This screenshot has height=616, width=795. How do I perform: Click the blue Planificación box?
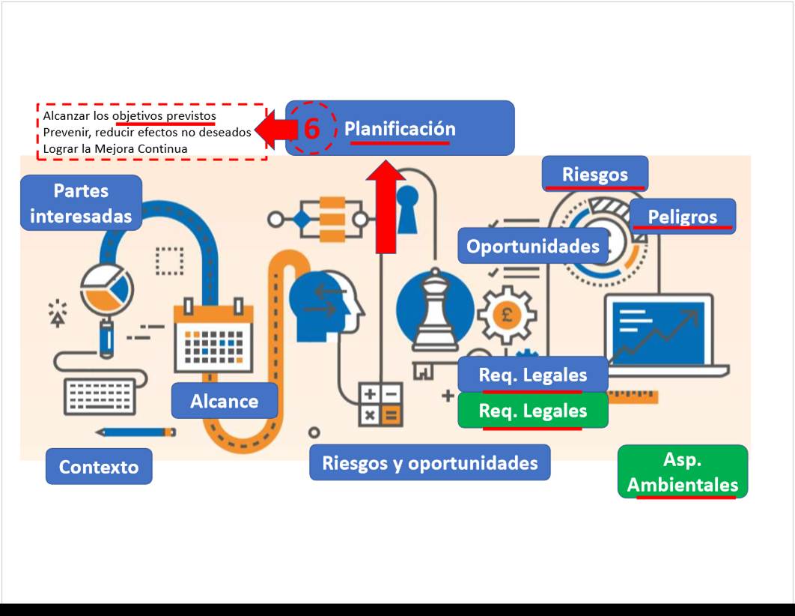point(400,128)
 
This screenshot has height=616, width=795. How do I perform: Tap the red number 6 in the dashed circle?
point(312,129)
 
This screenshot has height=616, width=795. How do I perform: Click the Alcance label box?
point(224,401)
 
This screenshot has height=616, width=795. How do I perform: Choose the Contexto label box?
point(99,466)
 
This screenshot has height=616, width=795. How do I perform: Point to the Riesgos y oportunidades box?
point(430,462)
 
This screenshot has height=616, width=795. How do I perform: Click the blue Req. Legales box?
point(532,374)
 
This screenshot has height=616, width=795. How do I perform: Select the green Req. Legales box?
point(532,411)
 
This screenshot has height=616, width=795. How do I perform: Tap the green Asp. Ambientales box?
point(682,472)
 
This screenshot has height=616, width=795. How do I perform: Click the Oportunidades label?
point(532,247)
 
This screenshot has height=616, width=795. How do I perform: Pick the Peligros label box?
point(682,217)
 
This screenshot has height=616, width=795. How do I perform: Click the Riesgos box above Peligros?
point(595,174)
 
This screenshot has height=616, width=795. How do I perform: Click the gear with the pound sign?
point(506,314)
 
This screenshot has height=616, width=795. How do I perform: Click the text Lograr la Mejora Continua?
point(115,148)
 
